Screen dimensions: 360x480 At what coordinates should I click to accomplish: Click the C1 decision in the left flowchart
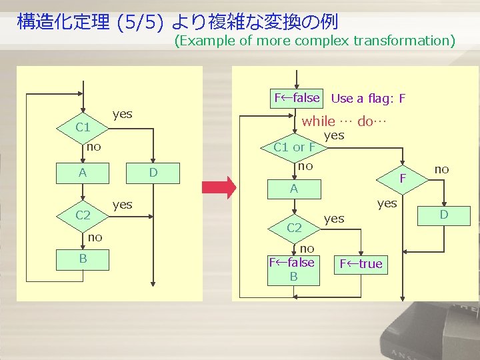click(83, 127)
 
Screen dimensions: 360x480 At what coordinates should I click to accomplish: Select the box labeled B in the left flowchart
click(83, 258)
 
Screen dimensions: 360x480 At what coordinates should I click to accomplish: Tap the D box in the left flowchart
click(153, 174)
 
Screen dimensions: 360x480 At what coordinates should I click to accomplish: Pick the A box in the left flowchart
click(83, 174)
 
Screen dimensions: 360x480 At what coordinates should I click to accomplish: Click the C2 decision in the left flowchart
click(83, 215)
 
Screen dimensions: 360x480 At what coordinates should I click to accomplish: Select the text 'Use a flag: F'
click(368, 99)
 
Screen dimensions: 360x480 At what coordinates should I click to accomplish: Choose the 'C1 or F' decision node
click(294, 147)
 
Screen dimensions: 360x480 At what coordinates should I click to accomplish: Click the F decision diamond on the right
click(402, 178)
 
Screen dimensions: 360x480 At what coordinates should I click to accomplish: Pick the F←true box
click(361, 264)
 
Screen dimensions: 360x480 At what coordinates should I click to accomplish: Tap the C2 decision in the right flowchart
click(294, 227)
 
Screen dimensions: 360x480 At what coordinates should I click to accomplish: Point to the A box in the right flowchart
click(294, 189)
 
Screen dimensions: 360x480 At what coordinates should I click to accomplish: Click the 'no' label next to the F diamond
click(441, 169)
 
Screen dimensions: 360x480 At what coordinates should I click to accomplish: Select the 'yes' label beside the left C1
click(122, 114)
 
